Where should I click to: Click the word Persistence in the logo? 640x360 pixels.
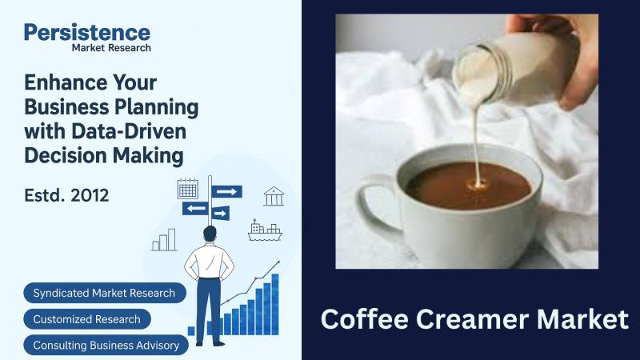coord(87,33)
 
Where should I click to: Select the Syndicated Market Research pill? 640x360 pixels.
coord(105,293)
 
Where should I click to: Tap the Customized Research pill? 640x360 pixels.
coord(87,319)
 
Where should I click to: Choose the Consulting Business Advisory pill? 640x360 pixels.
coord(106,346)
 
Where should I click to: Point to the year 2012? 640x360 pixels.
coord(90,195)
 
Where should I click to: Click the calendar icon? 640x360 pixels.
coord(188,189)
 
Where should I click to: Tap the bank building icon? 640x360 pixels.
coord(274,196)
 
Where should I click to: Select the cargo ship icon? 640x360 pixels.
coord(265,230)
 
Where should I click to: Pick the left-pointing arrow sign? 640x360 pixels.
coord(195,209)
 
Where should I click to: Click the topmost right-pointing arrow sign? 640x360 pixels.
coord(226,191)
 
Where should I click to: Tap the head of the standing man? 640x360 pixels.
coord(210,234)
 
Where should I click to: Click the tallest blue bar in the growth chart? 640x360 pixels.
coord(275,304)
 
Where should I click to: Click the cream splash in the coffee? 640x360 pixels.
coord(478,185)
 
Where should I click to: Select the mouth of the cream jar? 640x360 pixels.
coord(474,76)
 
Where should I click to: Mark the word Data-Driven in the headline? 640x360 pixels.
coord(129,131)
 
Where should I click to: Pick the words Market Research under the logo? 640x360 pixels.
coord(111,48)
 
